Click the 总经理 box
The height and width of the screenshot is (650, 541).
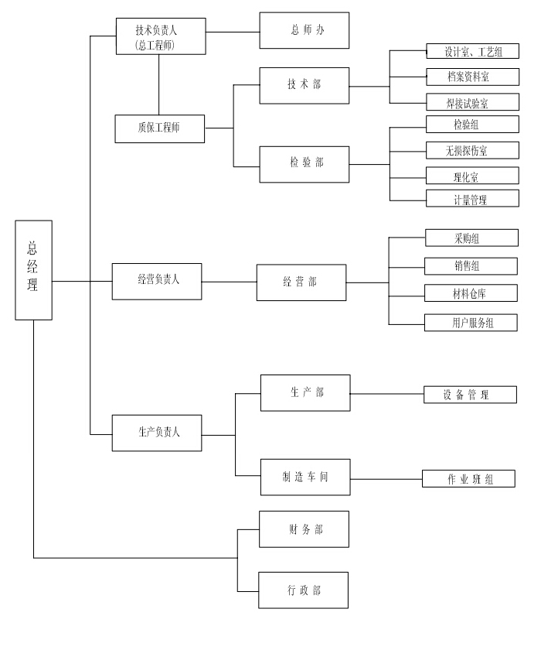[x=34, y=270]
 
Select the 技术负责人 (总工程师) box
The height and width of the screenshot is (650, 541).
[x=160, y=36]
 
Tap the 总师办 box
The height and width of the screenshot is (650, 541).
[x=304, y=31]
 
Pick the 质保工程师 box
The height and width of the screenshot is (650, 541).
[x=160, y=128]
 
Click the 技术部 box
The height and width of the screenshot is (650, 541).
[x=304, y=85]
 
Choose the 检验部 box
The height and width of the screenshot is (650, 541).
[x=304, y=163]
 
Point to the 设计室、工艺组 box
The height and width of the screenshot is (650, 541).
[x=472, y=53]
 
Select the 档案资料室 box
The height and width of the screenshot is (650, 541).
[x=472, y=77]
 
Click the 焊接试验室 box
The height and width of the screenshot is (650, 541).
[x=472, y=101]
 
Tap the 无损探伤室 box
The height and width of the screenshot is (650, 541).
[x=472, y=150]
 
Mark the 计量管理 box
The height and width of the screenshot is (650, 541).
[x=472, y=199]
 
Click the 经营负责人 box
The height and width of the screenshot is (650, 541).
[x=158, y=281]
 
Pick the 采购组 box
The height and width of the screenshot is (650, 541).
[x=471, y=238]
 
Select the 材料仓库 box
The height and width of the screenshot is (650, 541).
[x=471, y=293]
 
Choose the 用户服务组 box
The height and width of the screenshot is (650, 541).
[x=471, y=323]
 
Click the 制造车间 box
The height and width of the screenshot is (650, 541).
[x=305, y=478]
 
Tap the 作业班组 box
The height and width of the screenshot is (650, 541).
[x=468, y=479]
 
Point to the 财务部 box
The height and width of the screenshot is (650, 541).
[x=304, y=530]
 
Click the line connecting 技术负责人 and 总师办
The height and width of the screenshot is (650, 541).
[x=233, y=32]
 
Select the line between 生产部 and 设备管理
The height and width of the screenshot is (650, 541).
[x=386, y=394]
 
